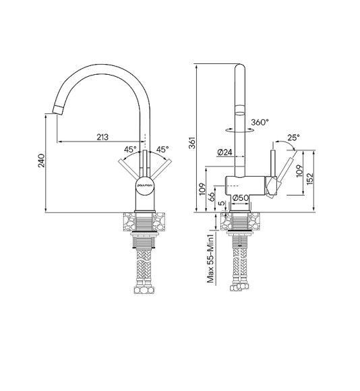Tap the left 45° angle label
(x=130, y=150)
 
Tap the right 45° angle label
(x=162, y=150)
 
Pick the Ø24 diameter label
(x=225, y=153)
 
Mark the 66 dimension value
(x=211, y=197)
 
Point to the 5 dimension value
(x=221, y=204)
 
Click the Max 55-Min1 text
(x=210, y=258)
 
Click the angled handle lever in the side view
(x=284, y=170)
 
